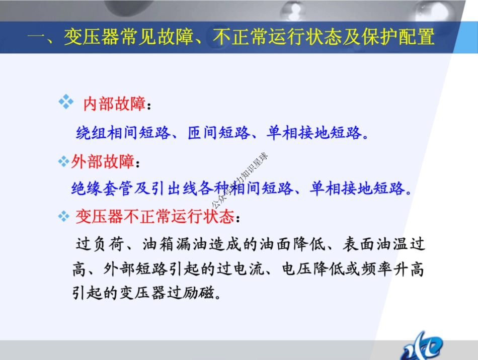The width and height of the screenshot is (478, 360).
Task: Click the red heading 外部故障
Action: [x=103, y=162]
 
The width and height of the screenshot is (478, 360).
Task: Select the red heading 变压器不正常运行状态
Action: [x=155, y=217]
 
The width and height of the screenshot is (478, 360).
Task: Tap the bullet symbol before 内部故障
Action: [x=66, y=102]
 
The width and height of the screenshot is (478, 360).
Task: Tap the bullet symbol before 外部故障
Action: [x=63, y=162]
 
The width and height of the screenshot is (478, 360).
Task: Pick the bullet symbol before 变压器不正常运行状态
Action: [x=63, y=217]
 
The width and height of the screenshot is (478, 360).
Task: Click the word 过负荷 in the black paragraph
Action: [x=100, y=245]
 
